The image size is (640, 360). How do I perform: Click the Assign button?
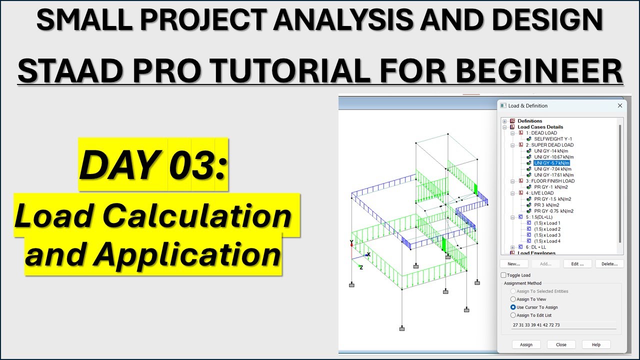(x=526, y=344)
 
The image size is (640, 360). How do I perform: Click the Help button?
(x=596, y=344)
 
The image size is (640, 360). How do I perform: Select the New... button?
(x=514, y=264)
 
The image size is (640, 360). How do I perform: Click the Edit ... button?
(x=577, y=264)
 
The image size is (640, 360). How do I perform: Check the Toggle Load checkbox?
(x=503, y=275)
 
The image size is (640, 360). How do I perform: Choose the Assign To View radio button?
(x=513, y=299)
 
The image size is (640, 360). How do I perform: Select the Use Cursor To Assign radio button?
(x=513, y=307)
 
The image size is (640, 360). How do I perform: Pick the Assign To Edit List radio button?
(x=513, y=315)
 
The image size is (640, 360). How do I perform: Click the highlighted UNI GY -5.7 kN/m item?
(x=551, y=163)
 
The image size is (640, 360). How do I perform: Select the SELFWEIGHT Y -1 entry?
(x=552, y=139)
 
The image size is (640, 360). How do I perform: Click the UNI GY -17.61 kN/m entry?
(x=553, y=175)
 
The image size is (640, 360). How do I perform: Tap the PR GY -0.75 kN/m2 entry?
(x=553, y=211)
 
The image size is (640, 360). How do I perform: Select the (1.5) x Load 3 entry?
(x=547, y=235)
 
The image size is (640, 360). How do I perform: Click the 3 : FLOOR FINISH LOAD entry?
(x=549, y=181)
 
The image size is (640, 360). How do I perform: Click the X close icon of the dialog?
(x=620, y=106)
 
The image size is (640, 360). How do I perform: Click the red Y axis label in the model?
(x=351, y=242)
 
